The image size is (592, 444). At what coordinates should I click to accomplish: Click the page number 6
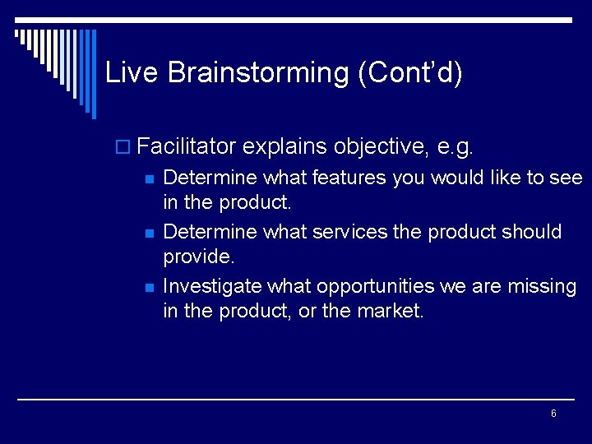(x=553, y=414)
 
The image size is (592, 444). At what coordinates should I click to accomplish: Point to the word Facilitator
(x=187, y=146)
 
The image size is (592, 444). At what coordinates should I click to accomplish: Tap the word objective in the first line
(x=381, y=146)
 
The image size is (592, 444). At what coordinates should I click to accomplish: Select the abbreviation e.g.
(x=456, y=146)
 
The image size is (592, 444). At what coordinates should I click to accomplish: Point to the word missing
(x=542, y=286)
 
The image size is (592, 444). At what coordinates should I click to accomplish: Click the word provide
(x=198, y=257)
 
